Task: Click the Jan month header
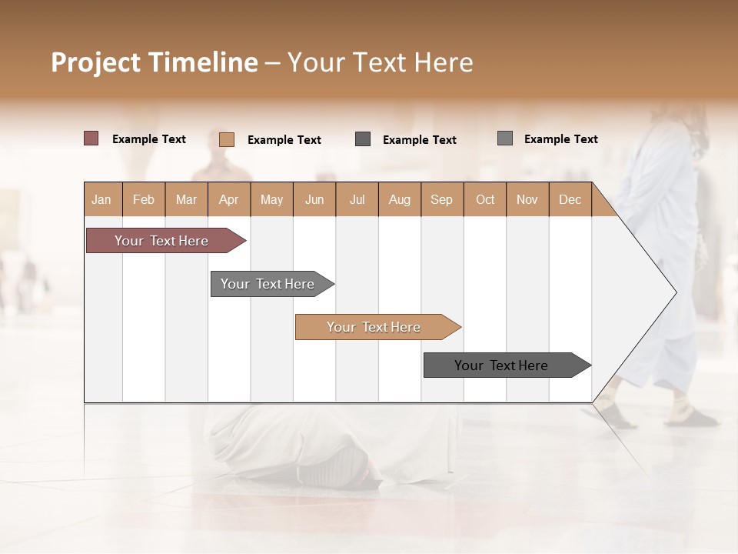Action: pos(101,199)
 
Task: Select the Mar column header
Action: pos(186,199)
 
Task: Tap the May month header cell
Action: pos(271,199)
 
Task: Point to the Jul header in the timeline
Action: pos(357,199)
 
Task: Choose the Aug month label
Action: pos(399,199)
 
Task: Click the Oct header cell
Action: pos(485,199)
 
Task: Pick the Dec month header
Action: pos(570,199)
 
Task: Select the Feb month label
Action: pos(144,199)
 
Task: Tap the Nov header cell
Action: pos(527,199)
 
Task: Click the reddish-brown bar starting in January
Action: pos(161,241)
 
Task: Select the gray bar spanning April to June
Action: pos(268,284)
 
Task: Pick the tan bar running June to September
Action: pos(374,327)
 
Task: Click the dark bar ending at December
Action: pos(501,365)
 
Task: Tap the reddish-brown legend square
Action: pos(91,138)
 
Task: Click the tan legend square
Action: pos(227,139)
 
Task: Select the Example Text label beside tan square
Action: pos(284,140)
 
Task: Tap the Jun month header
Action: pos(314,199)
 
